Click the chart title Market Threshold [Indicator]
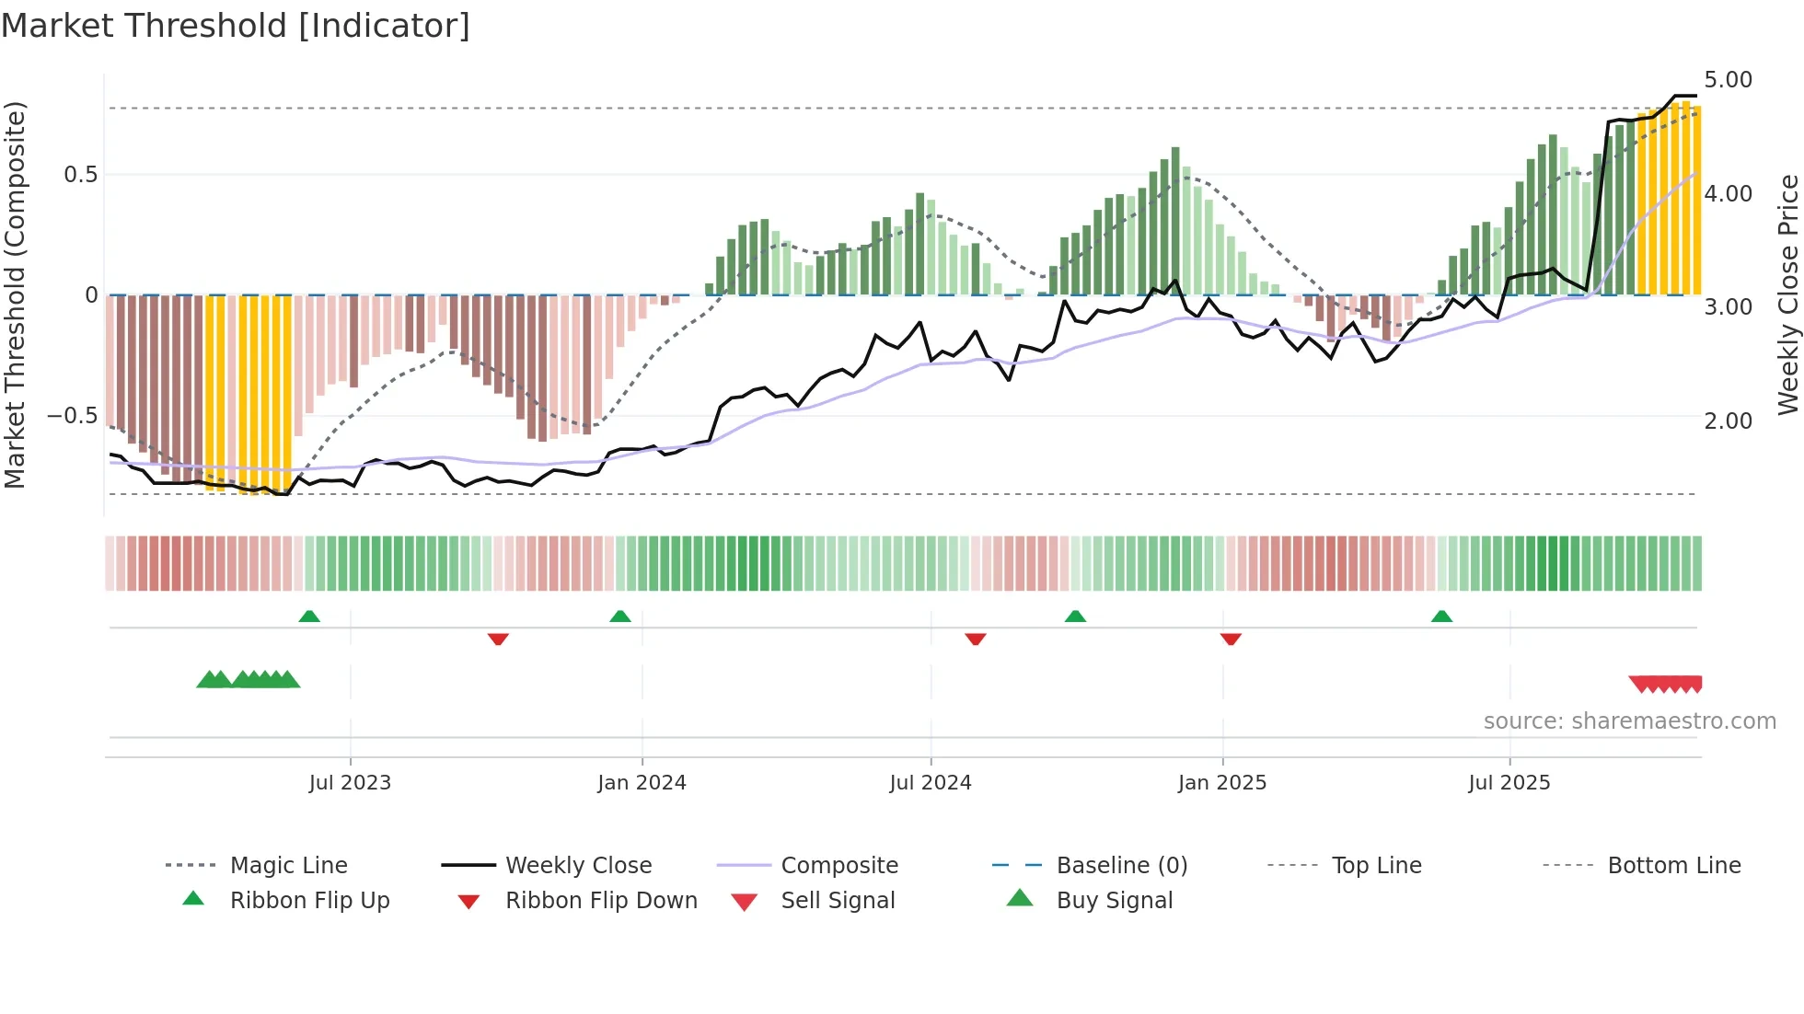tap(236, 26)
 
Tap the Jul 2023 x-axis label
tap(350, 783)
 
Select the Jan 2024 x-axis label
tap(642, 783)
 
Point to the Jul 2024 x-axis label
tap(930, 783)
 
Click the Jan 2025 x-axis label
tap(1221, 783)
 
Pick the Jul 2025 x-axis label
tap(1509, 783)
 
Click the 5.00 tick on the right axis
tap(1728, 80)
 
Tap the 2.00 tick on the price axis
tap(1728, 421)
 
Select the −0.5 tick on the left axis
tap(72, 416)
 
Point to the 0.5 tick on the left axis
tap(80, 175)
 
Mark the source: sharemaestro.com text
tap(1629, 721)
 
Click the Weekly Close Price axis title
tap(1787, 294)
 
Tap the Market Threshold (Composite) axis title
tap(15, 294)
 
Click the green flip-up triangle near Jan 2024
tap(620, 616)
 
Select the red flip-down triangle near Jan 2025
tap(1231, 639)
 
